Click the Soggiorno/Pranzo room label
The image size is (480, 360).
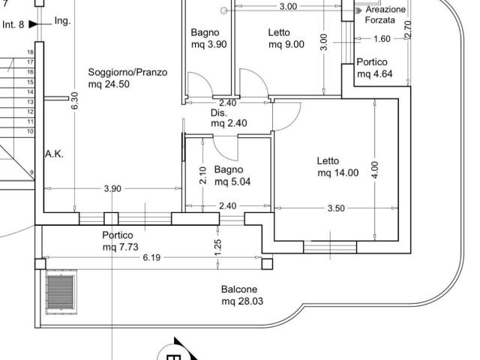click(127, 73)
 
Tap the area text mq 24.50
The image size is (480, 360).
click(109, 84)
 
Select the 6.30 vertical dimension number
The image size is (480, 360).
click(75, 100)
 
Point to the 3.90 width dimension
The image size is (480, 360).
click(112, 188)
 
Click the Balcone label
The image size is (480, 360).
click(239, 289)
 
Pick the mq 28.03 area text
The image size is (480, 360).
click(242, 301)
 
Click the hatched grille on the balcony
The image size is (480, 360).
click(61, 292)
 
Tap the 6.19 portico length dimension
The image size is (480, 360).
click(151, 257)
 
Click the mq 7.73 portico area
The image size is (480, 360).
click(121, 247)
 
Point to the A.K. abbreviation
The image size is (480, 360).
click(54, 154)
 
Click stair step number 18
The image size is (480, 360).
click(30, 52)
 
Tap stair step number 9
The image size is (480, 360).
click(31, 172)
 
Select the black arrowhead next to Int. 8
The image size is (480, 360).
click(33, 24)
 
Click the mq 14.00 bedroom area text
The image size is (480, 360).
click(338, 172)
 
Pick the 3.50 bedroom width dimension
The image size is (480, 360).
click(336, 208)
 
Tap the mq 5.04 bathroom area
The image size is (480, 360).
click(232, 181)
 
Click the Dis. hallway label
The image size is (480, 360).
click(219, 113)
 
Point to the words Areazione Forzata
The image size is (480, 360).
click(385, 15)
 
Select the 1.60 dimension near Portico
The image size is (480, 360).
click(382, 39)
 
